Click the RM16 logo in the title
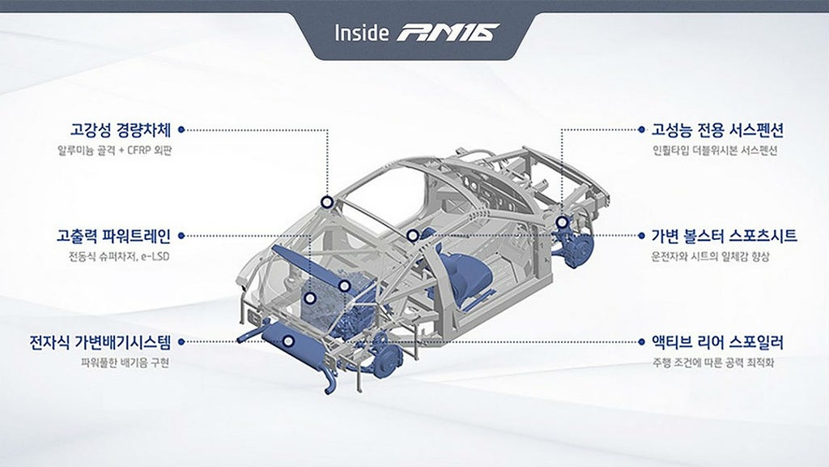(x=447, y=32)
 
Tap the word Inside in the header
(x=362, y=32)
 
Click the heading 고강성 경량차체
(x=121, y=130)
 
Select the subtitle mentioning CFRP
(x=115, y=150)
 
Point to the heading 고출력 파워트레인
(x=113, y=236)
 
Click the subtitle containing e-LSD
(x=119, y=257)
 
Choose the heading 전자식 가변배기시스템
(x=100, y=342)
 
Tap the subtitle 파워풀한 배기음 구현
(x=125, y=363)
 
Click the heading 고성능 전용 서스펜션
(x=717, y=130)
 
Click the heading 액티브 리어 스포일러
(x=717, y=342)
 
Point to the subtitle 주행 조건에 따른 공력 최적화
(x=713, y=363)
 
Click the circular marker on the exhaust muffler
(x=289, y=341)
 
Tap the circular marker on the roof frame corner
(x=327, y=202)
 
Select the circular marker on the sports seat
(x=413, y=236)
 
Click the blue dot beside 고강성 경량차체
(x=181, y=130)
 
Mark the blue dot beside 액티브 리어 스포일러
(x=641, y=342)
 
